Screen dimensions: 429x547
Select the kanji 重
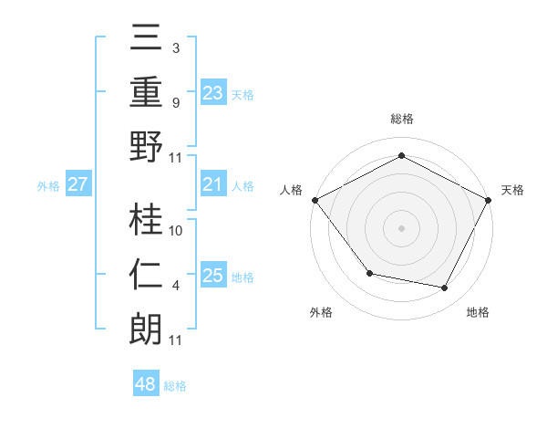coord(146,93)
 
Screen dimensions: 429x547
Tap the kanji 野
coord(146,148)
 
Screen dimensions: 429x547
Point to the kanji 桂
coord(146,220)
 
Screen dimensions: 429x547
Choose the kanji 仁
coord(146,275)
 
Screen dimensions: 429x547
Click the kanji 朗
coord(146,330)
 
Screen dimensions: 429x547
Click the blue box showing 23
coord(212,93)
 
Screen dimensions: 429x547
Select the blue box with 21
coord(212,185)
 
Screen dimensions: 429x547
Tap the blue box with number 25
coord(212,276)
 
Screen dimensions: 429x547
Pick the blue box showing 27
coord(78,185)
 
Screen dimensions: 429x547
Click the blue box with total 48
coord(145,384)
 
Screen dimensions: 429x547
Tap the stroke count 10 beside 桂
coord(177,231)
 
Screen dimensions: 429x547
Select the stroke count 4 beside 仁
coord(175,286)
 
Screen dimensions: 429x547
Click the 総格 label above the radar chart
coord(401,119)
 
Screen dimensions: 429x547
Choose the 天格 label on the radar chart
coord(512,190)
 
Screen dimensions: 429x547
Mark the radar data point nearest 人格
coord(314,199)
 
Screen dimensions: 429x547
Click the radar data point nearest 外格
coord(369,273)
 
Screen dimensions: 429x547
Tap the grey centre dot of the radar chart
coord(401,227)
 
